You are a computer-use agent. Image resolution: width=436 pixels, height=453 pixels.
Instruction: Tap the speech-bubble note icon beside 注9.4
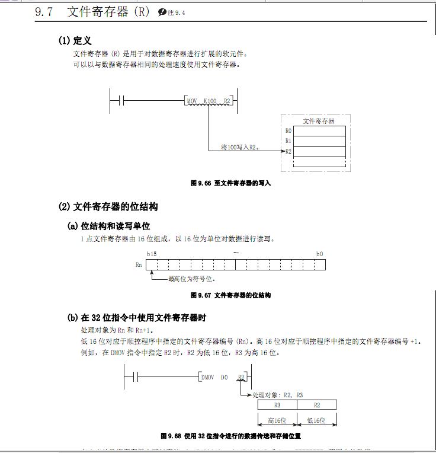(162, 12)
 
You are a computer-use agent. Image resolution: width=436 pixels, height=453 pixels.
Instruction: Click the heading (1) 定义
(75, 41)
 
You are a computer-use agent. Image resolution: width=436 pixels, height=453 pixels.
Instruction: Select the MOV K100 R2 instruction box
(209, 101)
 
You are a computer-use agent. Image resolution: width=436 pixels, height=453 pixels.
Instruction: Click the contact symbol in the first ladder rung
(118, 101)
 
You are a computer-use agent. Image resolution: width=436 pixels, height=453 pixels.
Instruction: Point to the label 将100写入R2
(239, 146)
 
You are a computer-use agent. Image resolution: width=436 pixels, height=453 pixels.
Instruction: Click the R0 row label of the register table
(288, 130)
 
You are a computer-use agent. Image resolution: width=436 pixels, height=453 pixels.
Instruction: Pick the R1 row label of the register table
(288, 141)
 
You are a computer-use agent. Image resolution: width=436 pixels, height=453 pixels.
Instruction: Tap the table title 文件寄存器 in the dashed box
(319, 120)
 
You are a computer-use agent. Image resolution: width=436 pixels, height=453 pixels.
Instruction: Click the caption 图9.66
(230, 183)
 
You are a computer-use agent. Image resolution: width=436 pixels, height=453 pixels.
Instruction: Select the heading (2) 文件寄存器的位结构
(108, 207)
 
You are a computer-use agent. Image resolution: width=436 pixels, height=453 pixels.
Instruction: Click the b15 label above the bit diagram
(152, 254)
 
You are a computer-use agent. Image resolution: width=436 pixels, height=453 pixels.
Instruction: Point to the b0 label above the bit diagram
(319, 254)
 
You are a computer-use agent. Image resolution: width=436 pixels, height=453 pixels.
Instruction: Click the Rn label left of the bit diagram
(139, 264)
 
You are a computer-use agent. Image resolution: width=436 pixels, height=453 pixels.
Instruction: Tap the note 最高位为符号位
(191, 278)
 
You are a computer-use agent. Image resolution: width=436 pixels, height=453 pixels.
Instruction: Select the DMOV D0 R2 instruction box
(223, 377)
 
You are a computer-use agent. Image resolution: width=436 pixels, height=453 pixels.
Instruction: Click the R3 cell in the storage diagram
(277, 404)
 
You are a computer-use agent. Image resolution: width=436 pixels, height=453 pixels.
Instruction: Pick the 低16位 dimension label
(317, 420)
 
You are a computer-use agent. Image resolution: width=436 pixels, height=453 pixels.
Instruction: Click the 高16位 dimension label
(277, 420)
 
